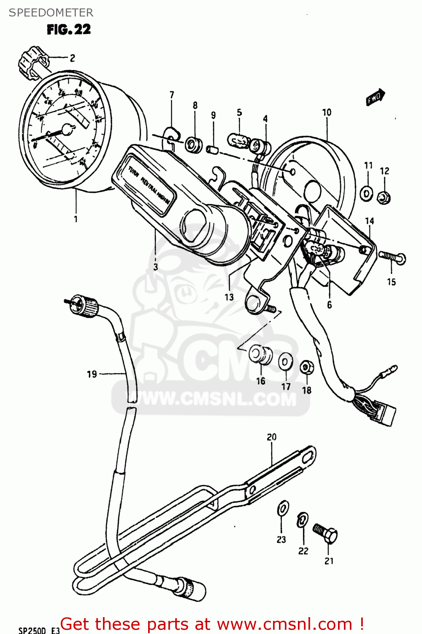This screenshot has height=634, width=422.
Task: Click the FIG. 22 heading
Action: coord(68,30)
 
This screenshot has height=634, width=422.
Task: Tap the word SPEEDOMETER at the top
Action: coord(51,13)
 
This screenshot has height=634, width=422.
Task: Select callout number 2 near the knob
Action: coord(72,58)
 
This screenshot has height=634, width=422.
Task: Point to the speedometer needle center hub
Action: coord(67,129)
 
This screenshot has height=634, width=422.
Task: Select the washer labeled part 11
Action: coord(366,193)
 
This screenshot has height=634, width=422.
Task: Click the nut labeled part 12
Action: coord(384,197)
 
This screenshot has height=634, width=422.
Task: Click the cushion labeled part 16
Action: coord(260,354)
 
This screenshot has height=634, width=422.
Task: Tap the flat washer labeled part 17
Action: coord(286,362)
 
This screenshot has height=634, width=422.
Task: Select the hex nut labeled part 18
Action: coord(306,367)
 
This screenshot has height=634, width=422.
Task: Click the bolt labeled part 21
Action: coord(325,534)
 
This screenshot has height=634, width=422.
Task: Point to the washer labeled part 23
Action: coord(283,508)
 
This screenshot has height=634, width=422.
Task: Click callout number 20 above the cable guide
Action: coord(271,437)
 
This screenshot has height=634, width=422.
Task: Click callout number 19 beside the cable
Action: coord(92,374)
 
